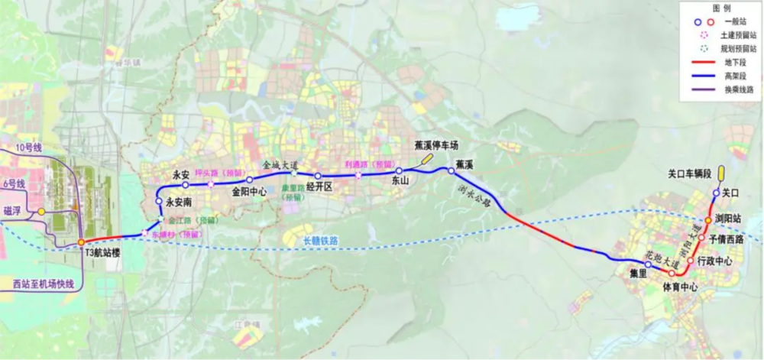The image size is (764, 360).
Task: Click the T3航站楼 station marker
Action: point(82,243)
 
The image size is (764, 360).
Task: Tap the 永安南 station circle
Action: point(159,202)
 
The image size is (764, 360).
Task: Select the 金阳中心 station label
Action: point(249,193)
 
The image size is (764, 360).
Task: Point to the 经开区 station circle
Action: point(318,176)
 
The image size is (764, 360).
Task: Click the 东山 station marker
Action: point(399,171)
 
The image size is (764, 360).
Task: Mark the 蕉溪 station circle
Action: point(452,171)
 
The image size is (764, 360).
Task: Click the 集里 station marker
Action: point(648,264)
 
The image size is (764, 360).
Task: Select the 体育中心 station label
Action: point(679,287)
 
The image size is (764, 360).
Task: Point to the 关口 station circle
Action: point(717,193)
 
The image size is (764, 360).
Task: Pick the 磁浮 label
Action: point(12,211)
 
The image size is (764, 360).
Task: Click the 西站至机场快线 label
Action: point(44,284)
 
